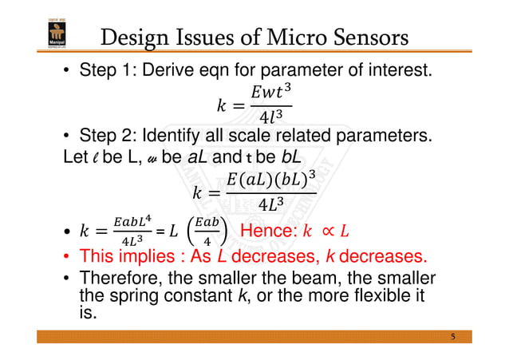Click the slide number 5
tap(452, 338)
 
